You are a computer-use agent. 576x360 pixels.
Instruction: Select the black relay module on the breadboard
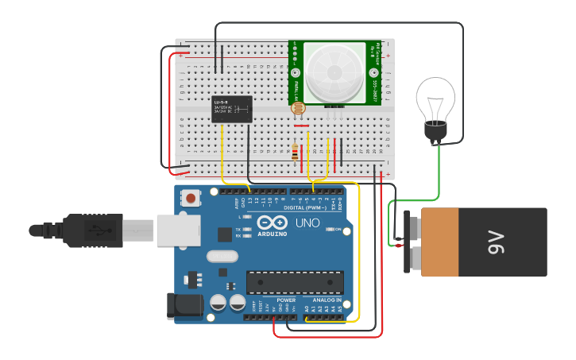coord(232,108)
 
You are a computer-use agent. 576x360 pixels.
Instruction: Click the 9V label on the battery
coord(495,242)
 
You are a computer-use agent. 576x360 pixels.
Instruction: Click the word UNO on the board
coord(307,223)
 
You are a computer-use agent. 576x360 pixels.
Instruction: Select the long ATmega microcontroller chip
coord(295,282)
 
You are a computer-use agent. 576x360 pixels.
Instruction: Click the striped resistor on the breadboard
coord(296,152)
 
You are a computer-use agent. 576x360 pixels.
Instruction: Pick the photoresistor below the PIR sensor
coord(298,109)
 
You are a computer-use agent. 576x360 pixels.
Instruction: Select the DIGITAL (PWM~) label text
coord(307,207)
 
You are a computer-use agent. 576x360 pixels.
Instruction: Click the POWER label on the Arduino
coord(286,300)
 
